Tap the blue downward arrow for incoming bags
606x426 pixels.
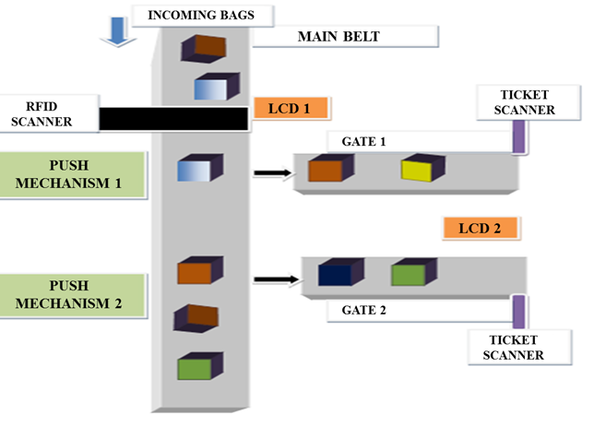click(x=111, y=31)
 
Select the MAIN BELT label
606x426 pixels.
click(x=339, y=37)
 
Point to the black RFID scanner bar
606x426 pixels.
click(x=173, y=118)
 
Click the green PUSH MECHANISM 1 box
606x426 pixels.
click(x=73, y=172)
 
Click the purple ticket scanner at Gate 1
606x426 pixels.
click(x=519, y=137)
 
